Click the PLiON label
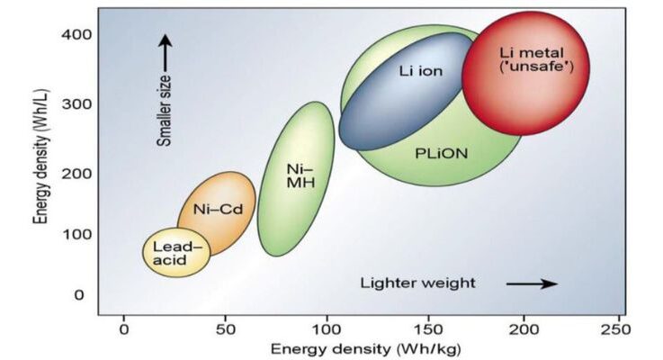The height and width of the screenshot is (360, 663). pos(441,153)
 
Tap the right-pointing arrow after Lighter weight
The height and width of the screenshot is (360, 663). pos(532,283)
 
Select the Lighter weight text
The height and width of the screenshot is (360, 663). pos(417,283)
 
